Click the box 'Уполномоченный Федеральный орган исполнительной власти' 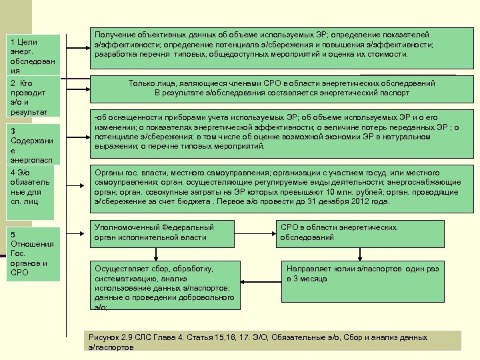tap(166, 232)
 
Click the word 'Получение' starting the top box tap(115, 35)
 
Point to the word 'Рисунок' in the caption tap(103, 337)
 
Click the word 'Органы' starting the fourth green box tap(109, 172)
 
